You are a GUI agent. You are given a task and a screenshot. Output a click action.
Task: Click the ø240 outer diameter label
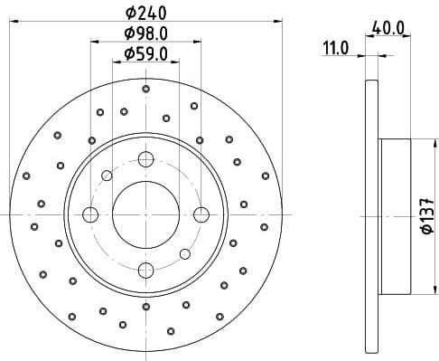(x=146, y=12)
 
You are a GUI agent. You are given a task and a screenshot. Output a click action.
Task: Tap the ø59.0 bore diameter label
(x=146, y=53)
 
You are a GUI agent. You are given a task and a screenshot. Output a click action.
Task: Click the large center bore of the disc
(x=145, y=214)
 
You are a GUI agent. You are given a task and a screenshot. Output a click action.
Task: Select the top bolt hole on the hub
(x=145, y=159)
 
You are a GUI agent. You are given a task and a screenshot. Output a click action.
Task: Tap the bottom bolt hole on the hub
(x=145, y=269)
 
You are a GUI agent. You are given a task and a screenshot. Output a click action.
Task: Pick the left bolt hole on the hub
(x=90, y=214)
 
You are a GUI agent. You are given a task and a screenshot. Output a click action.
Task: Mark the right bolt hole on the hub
(x=201, y=214)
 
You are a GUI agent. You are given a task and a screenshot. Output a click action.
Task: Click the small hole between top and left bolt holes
(x=107, y=176)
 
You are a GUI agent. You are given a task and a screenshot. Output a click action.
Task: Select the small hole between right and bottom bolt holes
(x=184, y=253)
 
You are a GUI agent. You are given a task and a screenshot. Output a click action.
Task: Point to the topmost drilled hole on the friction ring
(x=146, y=89)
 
